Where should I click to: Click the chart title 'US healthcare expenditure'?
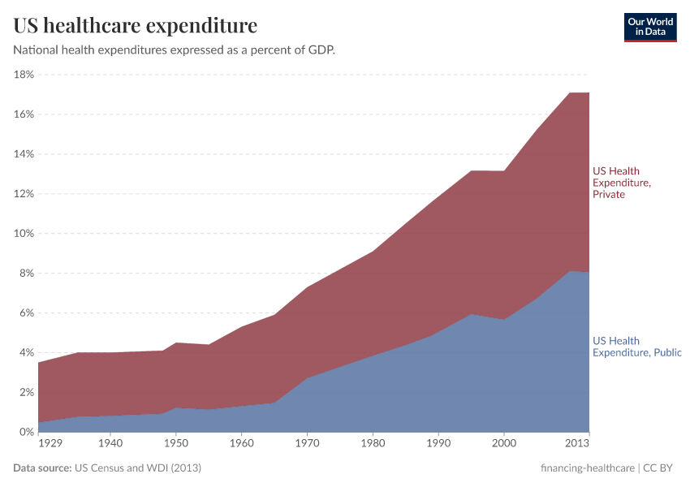[135, 26]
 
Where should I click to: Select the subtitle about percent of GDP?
[174, 50]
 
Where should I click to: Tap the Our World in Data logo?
[649, 27]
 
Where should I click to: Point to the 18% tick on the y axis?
[23, 75]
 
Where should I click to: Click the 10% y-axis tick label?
[23, 234]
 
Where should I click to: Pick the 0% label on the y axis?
[25, 433]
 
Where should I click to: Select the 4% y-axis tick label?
[25, 353]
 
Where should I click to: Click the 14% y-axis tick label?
[23, 154]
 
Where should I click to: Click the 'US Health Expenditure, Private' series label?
[621, 183]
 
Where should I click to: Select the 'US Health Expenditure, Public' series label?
[636, 347]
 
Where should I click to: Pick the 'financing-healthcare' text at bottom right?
[587, 468]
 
